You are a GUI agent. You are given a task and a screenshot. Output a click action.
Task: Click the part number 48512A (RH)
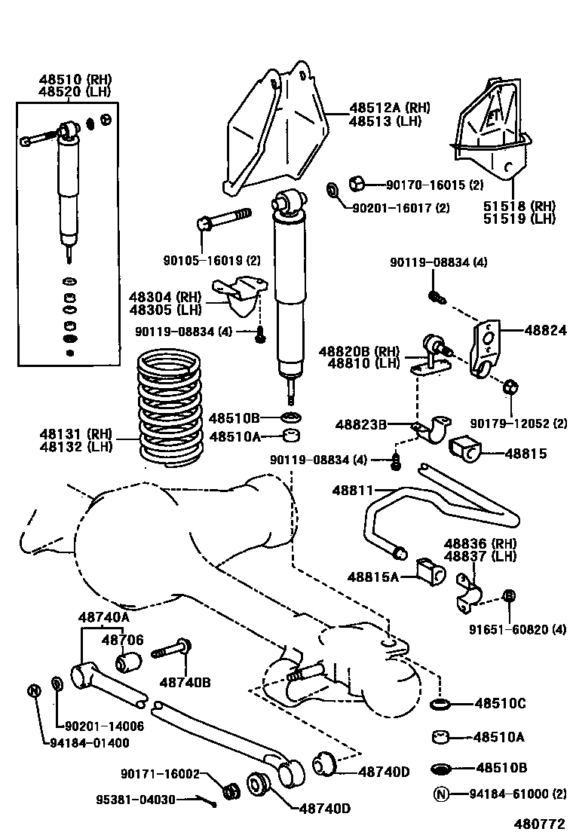[389, 108]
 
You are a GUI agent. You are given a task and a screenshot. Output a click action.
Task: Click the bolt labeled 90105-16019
[224, 219]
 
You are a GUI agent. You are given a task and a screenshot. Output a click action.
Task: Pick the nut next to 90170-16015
[359, 183]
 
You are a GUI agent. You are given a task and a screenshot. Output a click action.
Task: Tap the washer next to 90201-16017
[332, 188]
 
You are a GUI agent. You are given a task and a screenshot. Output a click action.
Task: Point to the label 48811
[353, 491]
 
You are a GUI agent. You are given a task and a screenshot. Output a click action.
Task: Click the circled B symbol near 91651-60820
[509, 596]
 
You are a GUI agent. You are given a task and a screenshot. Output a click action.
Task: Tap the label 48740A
[104, 616]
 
